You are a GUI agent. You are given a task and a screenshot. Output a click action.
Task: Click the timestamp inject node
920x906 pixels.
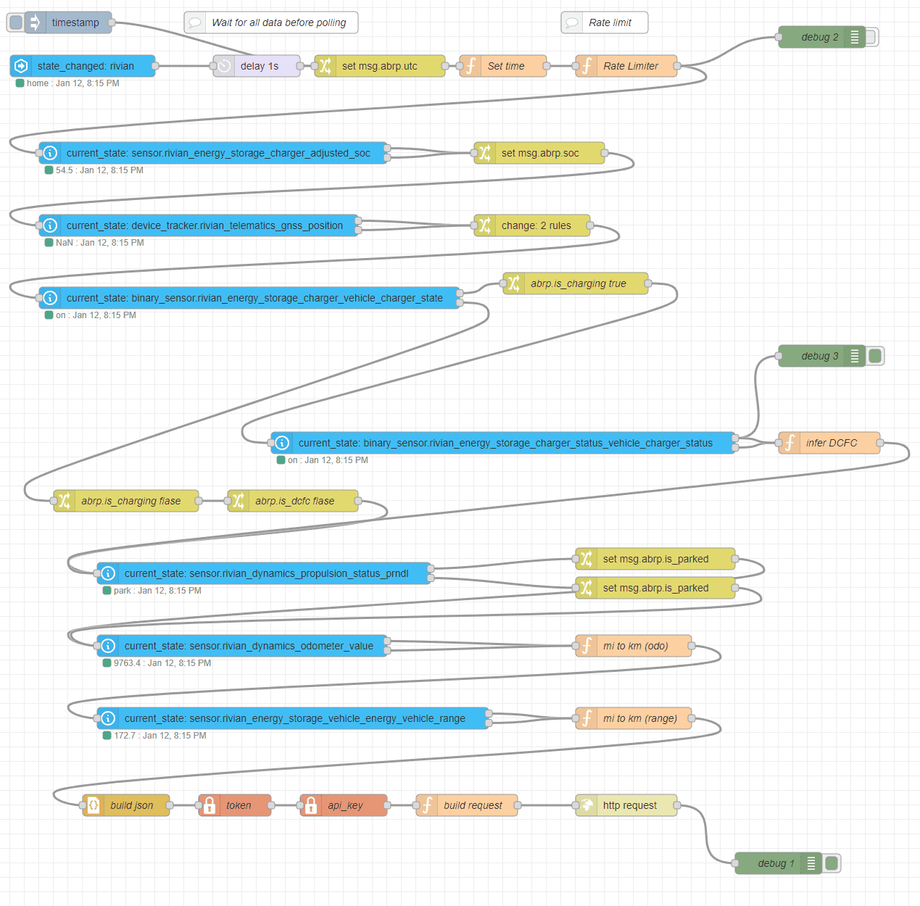click(x=68, y=22)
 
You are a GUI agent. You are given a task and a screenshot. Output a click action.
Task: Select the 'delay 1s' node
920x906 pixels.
click(x=257, y=66)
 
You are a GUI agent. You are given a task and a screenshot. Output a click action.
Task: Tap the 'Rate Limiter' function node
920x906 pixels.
click(x=626, y=66)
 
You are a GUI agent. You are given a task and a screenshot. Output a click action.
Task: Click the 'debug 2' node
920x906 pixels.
click(x=821, y=37)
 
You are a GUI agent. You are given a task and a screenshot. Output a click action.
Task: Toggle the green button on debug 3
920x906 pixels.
click(x=874, y=356)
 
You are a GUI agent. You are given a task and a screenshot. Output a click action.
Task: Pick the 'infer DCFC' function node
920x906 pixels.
click(x=829, y=443)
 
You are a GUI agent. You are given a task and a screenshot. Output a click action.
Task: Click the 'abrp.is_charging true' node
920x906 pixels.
click(x=576, y=283)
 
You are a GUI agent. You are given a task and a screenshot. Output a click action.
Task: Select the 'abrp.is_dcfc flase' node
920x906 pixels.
click(x=293, y=501)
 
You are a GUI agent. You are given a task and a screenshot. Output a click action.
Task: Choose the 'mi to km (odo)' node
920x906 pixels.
click(x=633, y=646)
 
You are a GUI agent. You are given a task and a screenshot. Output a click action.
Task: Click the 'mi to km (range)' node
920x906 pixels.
click(x=633, y=718)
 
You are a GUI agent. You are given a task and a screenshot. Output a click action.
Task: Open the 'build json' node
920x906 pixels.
click(x=126, y=805)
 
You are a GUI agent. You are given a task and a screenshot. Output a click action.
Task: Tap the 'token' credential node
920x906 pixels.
click(x=235, y=805)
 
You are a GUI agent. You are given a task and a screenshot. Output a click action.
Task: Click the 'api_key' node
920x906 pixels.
click(x=343, y=805)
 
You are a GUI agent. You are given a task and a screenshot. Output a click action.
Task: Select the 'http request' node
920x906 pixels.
click(x=626, y=805)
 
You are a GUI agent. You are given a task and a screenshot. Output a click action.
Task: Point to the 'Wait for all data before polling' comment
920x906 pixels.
click(x=271, y=22)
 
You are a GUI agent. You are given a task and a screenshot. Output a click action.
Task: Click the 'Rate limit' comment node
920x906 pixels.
click(x=605, y=22)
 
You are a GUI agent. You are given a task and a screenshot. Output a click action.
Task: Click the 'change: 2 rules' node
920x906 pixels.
click(x=532, y=225)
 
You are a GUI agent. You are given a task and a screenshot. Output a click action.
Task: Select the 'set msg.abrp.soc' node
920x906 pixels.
click(x=539, y=153)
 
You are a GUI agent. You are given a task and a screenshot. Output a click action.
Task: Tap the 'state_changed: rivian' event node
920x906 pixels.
click(x=83, y=66)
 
